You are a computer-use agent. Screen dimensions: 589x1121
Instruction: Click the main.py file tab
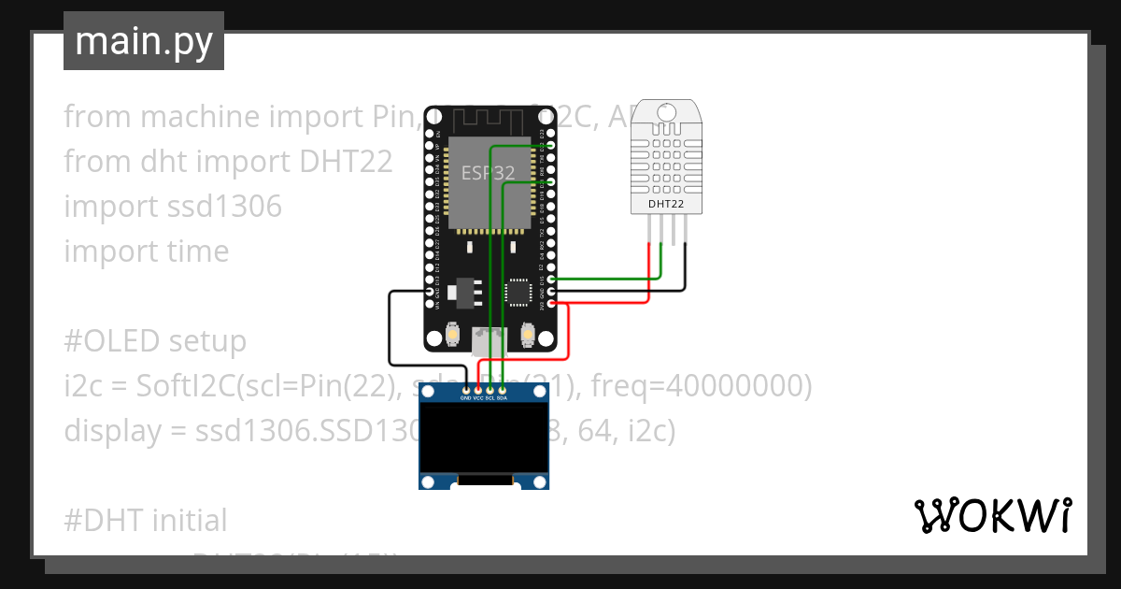[x=143, y=41]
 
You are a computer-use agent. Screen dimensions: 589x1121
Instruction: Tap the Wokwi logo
[x=992, y=515]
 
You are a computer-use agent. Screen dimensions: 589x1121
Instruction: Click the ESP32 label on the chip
[x=487, y=173]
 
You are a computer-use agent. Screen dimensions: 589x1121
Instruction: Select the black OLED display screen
[x=483, y=438]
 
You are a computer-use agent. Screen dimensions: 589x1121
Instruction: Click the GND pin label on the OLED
[x=466, y=398]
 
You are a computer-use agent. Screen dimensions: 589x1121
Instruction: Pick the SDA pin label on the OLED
[x=502, y=398]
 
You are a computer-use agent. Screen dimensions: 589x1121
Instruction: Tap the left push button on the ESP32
[x=452, y=335]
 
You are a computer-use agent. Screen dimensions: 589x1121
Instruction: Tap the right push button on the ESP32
[x=528, y=335]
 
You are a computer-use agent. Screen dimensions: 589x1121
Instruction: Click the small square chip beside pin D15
[x=518, y=292]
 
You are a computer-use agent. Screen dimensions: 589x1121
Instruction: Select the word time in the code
[x=193, y=251]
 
